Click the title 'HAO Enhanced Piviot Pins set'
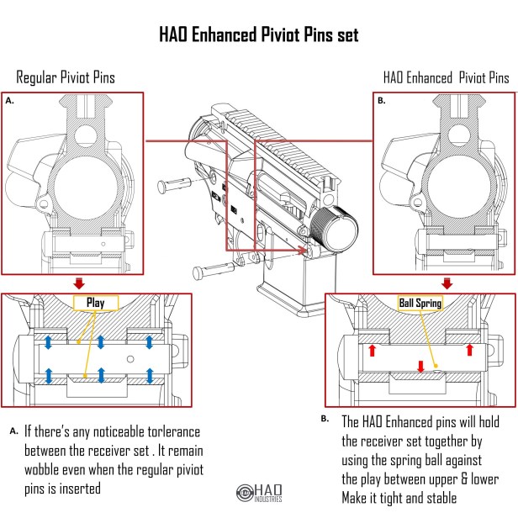[x=259, y=34]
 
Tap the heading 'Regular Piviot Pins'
[x=66, y=77]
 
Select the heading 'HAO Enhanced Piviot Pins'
[x=446, y=77]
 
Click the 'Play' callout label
[x=95, y=302]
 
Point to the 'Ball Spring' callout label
[x=420, y=302]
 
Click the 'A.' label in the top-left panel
[x=10, y=99]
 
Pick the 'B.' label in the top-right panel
[x=382, y=100]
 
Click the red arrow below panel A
[x=79, y=282]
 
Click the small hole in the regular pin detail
[x=129, y=357]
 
